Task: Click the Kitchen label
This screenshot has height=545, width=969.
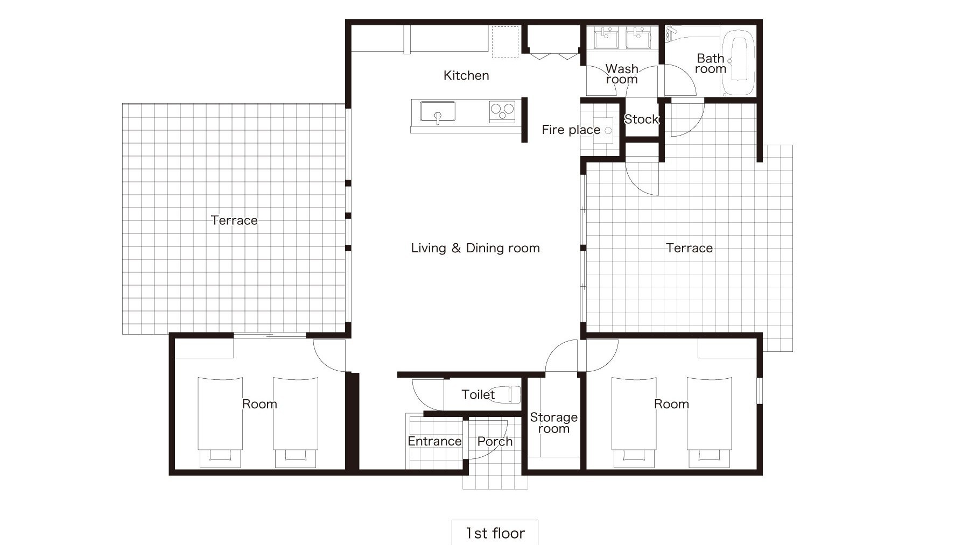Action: [x=466, y=75]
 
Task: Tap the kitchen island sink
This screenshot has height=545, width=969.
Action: [x=438, y=112]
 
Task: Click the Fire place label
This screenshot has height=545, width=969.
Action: [x=571, y=130]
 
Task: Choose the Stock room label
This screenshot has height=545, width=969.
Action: [x=641, y=119]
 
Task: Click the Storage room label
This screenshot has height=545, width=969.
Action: [x=553, y=423]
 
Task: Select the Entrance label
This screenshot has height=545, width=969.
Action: [x=434, y=441]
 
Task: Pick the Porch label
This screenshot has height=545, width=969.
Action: [x=495, y=441]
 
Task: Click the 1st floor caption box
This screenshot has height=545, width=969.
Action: [x=495, y=533]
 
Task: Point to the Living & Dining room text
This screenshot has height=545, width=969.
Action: [x=475, y=248]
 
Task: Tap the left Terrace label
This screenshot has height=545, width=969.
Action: [x=234, y=220]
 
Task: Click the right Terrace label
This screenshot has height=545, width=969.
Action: [x=689, y=248]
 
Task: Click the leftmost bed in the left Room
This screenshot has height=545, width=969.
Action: [x=220, y=421]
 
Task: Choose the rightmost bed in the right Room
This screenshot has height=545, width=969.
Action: [x=709, y=421]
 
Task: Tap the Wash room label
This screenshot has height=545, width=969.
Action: [x=622, y=74]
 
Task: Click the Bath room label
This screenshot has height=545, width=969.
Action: [x=711, y=63]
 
